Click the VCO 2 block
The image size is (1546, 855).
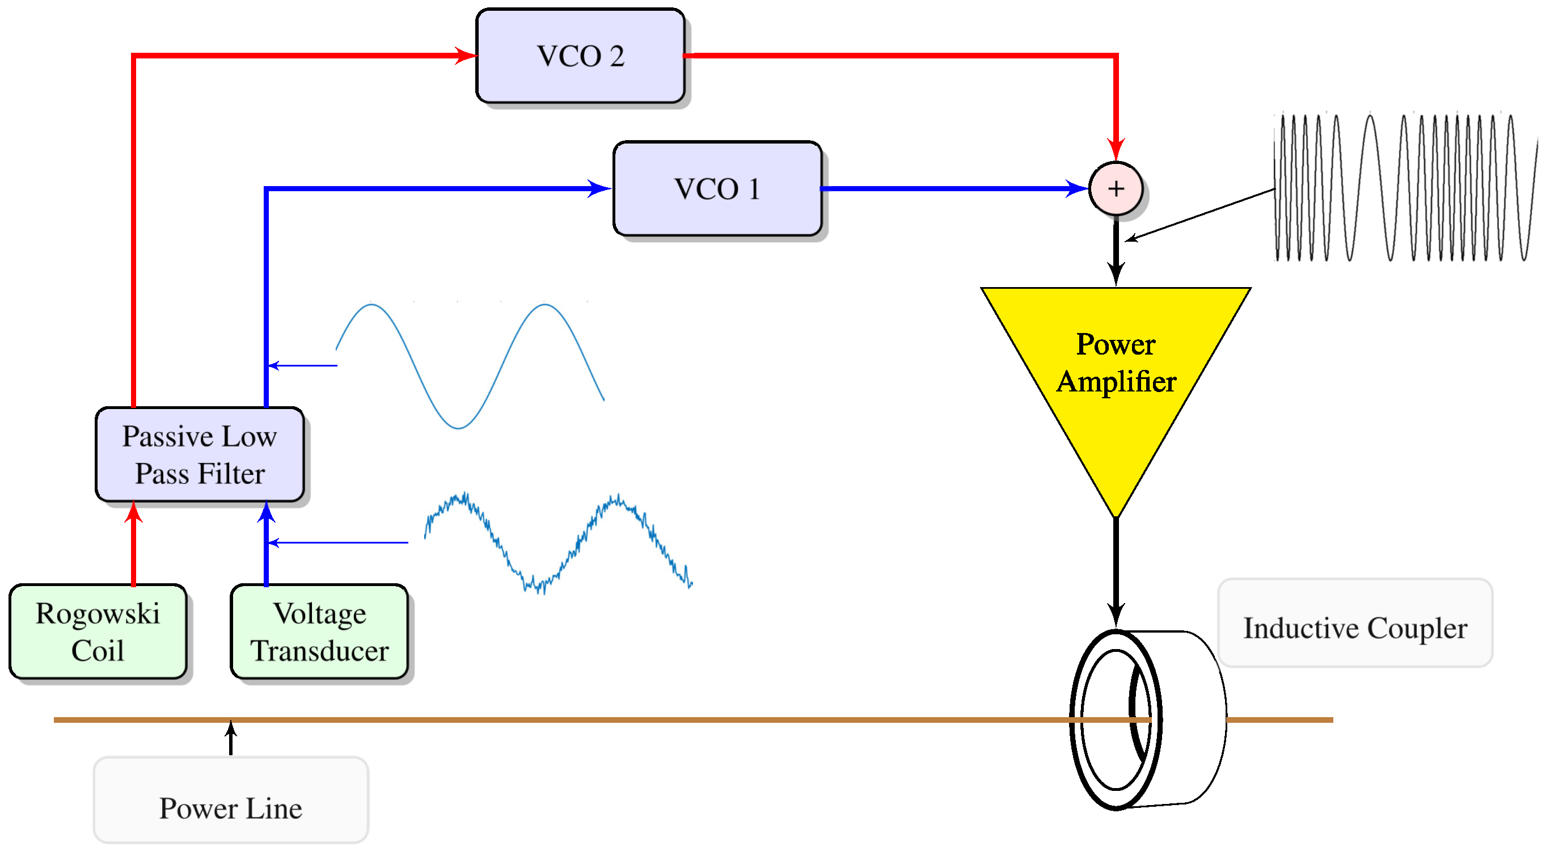[580, 56]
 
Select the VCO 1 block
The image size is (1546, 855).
[717, 188]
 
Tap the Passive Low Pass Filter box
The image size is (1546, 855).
[199, 454]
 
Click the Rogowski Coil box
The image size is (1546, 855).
[98, 631]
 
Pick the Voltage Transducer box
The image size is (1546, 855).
[319, 631]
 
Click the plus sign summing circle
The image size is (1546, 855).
[1116, 188]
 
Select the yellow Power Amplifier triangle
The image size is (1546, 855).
[1116, 384]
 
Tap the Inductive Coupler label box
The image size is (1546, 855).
[1355, 622]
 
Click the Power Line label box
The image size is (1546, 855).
[230, 800]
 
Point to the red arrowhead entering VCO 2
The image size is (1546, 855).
[466, 56]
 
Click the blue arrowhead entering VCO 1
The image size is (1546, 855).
[599, 188]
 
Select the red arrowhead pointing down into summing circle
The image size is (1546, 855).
[1116, 149]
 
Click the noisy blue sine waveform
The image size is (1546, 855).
[558, 544]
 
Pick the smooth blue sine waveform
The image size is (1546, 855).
[470, 367]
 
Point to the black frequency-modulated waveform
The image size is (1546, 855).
[1404, 187]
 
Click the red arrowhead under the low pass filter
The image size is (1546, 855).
[133, 513]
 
